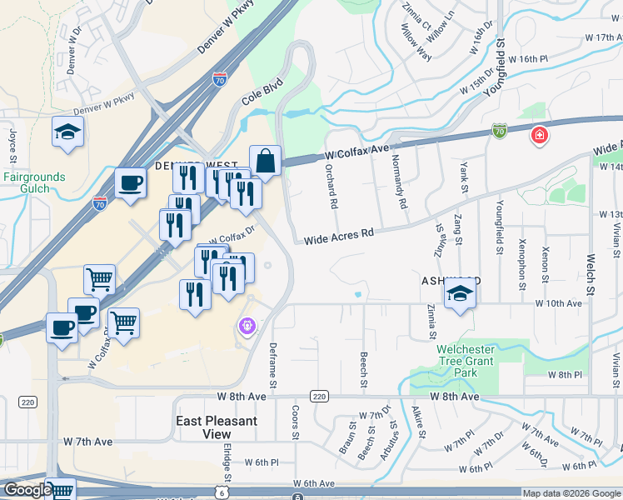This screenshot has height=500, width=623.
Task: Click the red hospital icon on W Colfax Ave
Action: pyautogui.click(x=540, y=134)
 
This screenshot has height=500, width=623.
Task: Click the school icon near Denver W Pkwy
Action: pyautogui.click(x=67, y=132)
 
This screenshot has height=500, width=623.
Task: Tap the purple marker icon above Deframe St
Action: pyautogui.click(x=246, y=326)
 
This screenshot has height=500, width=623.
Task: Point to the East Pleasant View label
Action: pyautogui.click(x=217, y=427)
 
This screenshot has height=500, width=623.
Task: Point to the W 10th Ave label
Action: pyautogui.click(x=558, y=304)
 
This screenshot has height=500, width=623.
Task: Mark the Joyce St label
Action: pyautogui.click(x=13, y=144)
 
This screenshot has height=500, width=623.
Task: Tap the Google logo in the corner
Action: pyautogui.click(x=27, y=490)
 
